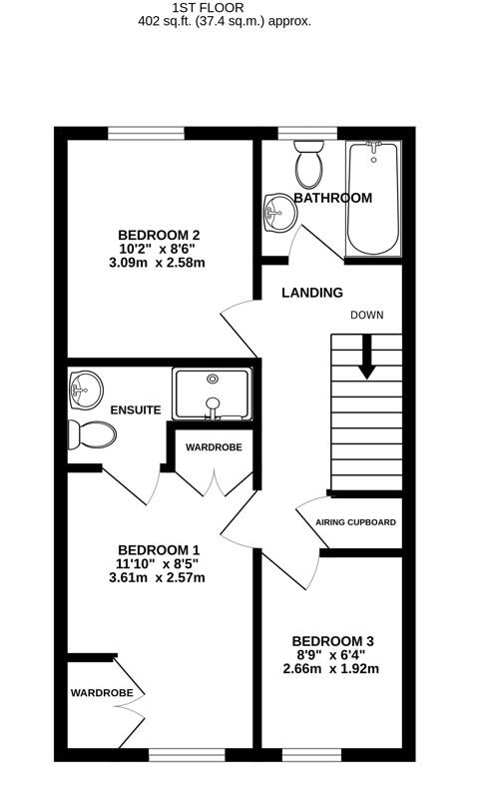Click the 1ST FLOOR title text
242,6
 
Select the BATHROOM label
332,198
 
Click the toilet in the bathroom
307,165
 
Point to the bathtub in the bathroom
371,198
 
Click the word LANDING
311,293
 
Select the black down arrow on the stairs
366,357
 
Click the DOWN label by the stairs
366,315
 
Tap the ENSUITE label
136,409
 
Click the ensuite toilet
92,433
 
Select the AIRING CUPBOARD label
355,522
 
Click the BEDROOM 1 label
159,549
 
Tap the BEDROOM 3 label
332,640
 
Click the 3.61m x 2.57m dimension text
157,578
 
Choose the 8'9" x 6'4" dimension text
332,654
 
